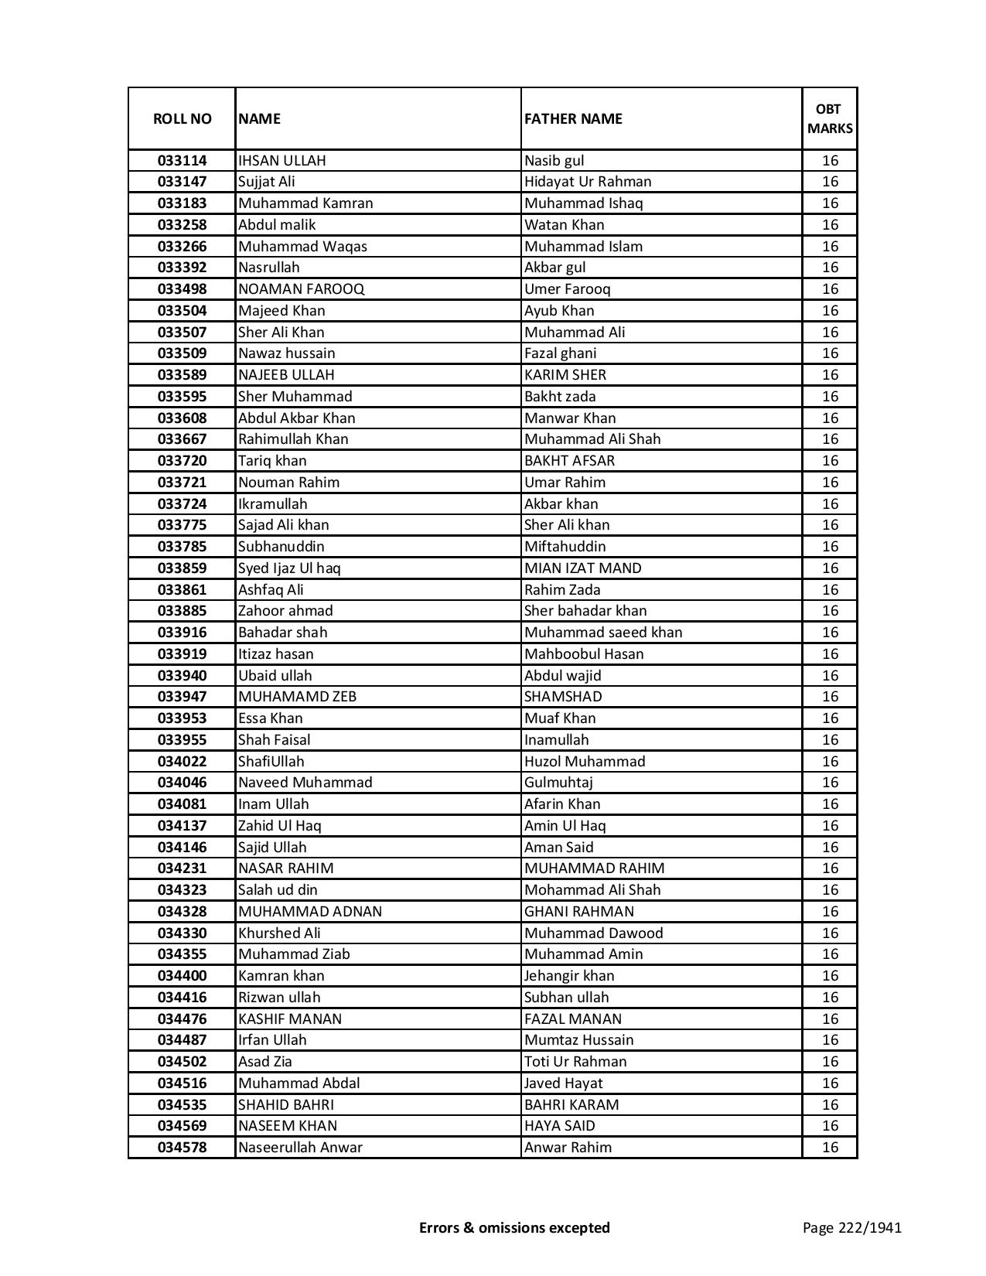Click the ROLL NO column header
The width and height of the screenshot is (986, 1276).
[182, 118]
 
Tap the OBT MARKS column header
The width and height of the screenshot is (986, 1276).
[830, 118]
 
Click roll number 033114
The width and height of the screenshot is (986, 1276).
[182, 161]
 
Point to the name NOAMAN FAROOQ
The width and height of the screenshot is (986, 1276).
[301, 289]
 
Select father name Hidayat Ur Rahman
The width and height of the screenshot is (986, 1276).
[588, 182]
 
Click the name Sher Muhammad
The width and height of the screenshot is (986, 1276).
[295, 397]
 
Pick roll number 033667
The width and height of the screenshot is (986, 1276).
[182, 439]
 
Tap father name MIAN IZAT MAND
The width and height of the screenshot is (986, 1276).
[582, 568]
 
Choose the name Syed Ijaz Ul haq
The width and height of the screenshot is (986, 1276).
[289, 568]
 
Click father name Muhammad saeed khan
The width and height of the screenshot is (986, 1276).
[603, 633]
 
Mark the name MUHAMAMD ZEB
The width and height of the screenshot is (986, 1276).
[297, 697]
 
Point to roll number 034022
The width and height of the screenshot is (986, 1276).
[182, 762]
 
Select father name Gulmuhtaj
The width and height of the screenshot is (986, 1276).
[558, 783]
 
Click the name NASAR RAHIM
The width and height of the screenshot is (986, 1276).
[285, 868]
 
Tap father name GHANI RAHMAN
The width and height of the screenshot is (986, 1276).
[578, 912]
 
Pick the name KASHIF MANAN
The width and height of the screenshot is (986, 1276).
[289, 1019]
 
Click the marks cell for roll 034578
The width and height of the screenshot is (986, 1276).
[830, 1148]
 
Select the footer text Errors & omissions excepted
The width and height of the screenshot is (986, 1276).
[514, 1228]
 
